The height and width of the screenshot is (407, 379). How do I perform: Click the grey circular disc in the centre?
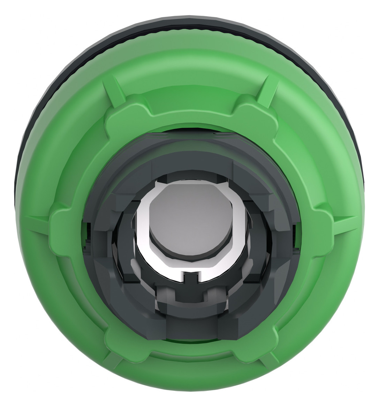tap(189, 224)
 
